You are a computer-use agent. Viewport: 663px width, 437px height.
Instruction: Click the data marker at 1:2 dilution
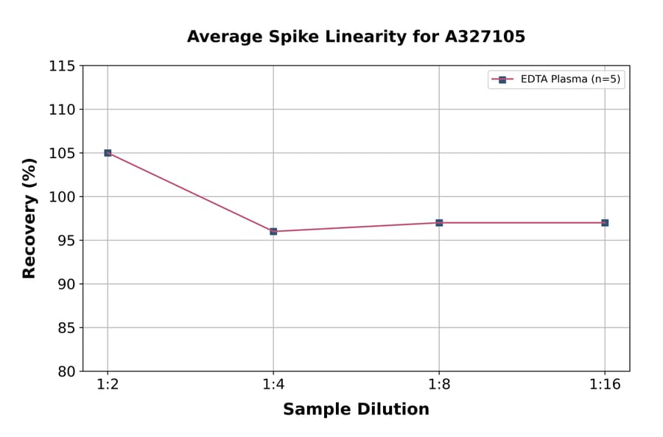pyautogui.click(x=108, y=153)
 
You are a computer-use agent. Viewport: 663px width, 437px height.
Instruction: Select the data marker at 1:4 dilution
pyautogui.click(x=273, y=232)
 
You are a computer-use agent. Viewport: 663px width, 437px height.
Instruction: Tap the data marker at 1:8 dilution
pyautogui.click(x=439, y=223)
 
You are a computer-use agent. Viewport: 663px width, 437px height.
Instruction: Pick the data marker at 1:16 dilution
pyautogui.click(x=605, y=223)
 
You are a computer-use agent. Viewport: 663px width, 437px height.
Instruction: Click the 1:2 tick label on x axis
pyautogui.click(x=108, y=386)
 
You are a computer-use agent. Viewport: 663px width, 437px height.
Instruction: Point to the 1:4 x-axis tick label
pyautogui.click(x=273, y=386)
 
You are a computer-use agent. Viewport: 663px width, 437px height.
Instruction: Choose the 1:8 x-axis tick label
pyautogui.click(x=439, y=386)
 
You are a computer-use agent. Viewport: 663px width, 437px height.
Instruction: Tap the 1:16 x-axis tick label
pyautogui.click(x=605, y=386)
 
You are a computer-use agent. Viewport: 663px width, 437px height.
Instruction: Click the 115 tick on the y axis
pyautogui.click(x=62, y=66)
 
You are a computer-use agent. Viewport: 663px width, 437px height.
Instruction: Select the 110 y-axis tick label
pyautogui.click(x=62, y=110)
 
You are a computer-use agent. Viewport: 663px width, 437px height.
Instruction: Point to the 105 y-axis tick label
pyautogui.click(x=62, y=153)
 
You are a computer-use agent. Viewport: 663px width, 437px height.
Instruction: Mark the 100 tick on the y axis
pyautogui.click(x=62, y=196)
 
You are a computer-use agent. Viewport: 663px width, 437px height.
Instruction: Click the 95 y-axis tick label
pyautogui.click(x=66, y=241)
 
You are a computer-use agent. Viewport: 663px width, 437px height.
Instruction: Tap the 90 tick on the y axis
pyautogui.click(x=66, y=284)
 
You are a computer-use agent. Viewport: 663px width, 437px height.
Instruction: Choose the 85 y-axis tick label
pyautogui.click(x=66, y=327)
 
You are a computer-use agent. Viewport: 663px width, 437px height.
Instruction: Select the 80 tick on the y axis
pyautogui.click(x=66, y=372)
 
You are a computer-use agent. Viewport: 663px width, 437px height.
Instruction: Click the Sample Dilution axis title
pyautogui.click(x=356, y=410)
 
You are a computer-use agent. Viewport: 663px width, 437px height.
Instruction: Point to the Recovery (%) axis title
pyautogui.click(x=29, y=218)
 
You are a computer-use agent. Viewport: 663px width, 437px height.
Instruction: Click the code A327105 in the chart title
pyautogui.click(x=484, y=37)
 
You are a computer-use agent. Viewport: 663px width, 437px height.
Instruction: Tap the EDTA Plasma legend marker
pyautogui.click(x=502, y=79)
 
